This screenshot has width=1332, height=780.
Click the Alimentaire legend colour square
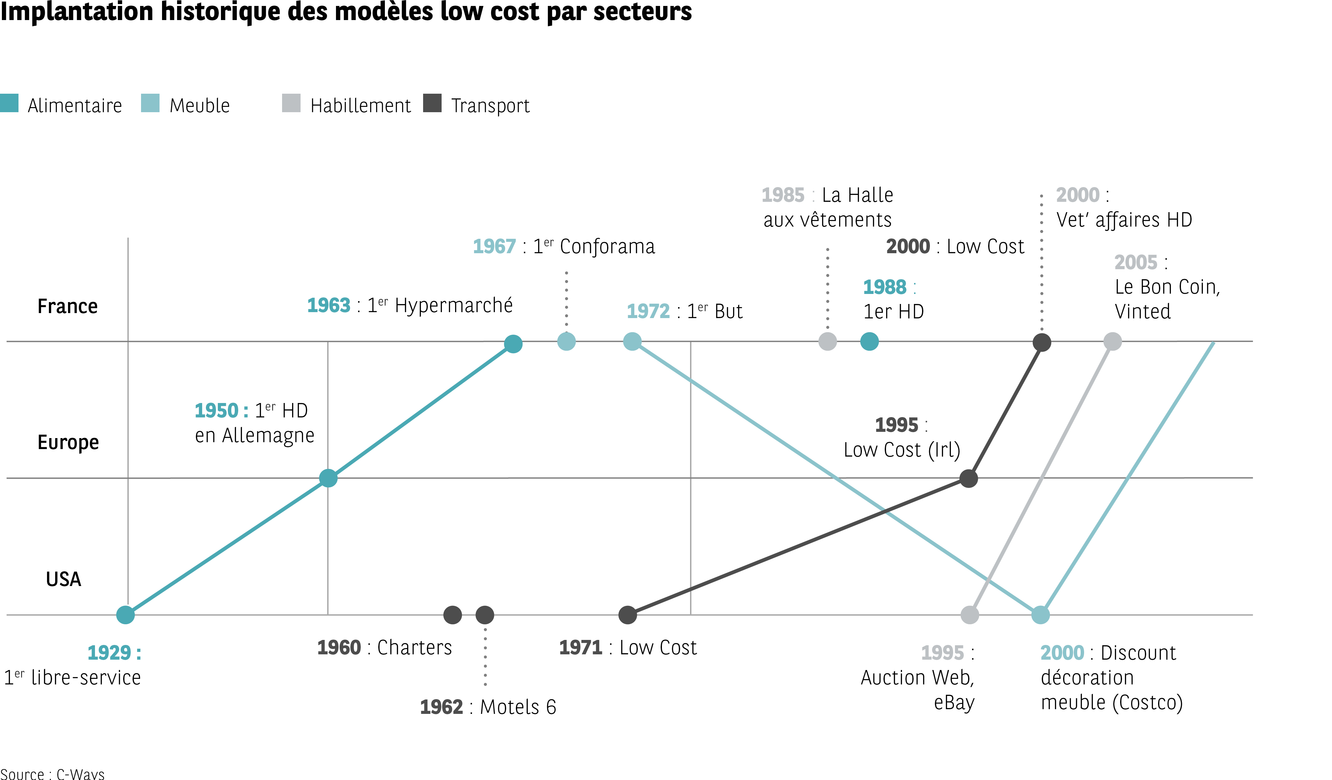(9, 103)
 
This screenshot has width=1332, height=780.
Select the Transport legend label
(490, 106)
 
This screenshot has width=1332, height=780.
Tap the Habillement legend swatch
(291, 103)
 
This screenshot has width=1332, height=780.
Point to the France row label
(68, 306)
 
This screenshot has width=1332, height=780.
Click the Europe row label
(68, 442)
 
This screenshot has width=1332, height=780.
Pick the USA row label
(63, 579)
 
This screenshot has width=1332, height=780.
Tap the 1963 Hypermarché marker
(513, 344)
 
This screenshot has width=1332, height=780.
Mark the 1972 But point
(632, 341)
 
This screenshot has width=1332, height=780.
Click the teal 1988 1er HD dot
(869, 341)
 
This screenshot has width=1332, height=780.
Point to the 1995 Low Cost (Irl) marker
(968, 478)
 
